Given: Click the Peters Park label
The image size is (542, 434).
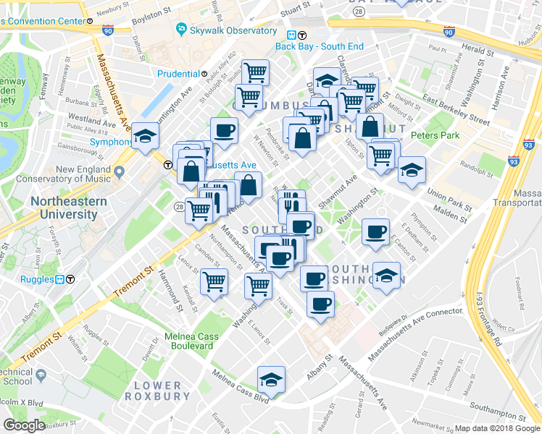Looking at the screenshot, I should pos(435,135).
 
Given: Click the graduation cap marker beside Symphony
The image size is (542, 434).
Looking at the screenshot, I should pos(145,135).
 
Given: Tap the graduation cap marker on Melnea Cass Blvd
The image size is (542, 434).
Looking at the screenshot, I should pos(271,378).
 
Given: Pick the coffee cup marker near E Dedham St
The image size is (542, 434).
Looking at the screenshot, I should pos(375,231).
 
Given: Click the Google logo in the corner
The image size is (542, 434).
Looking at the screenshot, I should pos(25,425).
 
